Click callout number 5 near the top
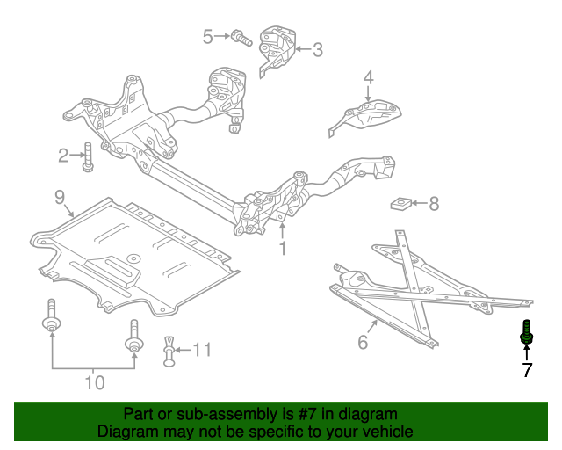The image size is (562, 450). coord(208,36)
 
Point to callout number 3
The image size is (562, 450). coord(317,50)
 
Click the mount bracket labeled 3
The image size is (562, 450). coord(278,49)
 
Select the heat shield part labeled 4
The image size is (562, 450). coord(369,117)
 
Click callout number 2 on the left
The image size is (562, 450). coord(63,156)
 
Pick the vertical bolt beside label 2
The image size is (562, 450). coord(88,156)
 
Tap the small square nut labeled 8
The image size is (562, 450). coord(400,205)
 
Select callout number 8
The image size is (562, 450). coord(433,204)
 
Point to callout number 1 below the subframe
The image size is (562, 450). coord(283,250)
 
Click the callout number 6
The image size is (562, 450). coord(363,343)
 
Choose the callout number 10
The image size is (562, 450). coord(94,382)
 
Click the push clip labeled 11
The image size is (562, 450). coord(169,352)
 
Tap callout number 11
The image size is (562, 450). coord(202,351)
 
